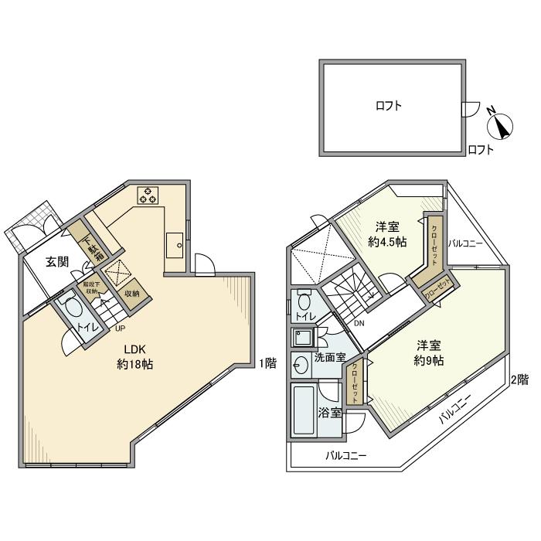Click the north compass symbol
click(x=501, y=124)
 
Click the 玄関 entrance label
click(x=57, y=263)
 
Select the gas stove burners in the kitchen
click(x=147, y=195)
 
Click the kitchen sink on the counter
click(x=175, y=246)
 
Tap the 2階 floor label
click(x=519, y=379)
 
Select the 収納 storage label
click(x=131, y=293)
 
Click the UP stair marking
click(x=120, y=328)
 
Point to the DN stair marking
click(x=359, y=323)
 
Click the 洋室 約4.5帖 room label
click(x=387, y=234)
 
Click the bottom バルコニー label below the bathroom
click(x=345, y=455)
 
